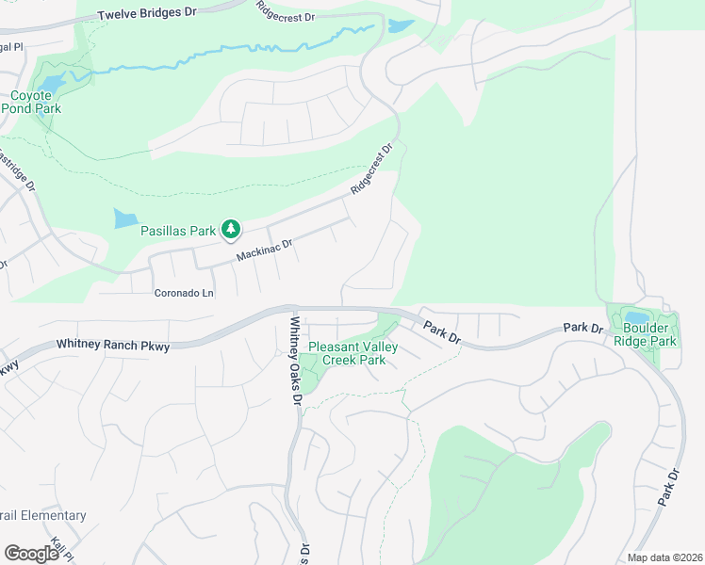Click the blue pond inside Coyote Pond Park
pos(52,83)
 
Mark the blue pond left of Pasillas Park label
pos(124,219)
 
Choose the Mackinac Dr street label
pos(265,250)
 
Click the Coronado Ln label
pos(185,293)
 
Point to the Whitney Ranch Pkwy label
pos(113,347)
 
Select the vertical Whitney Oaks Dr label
pos(295,361)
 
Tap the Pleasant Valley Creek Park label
pos(353,353)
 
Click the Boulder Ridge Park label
pos(647,335)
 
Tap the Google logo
pos(31,553)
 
